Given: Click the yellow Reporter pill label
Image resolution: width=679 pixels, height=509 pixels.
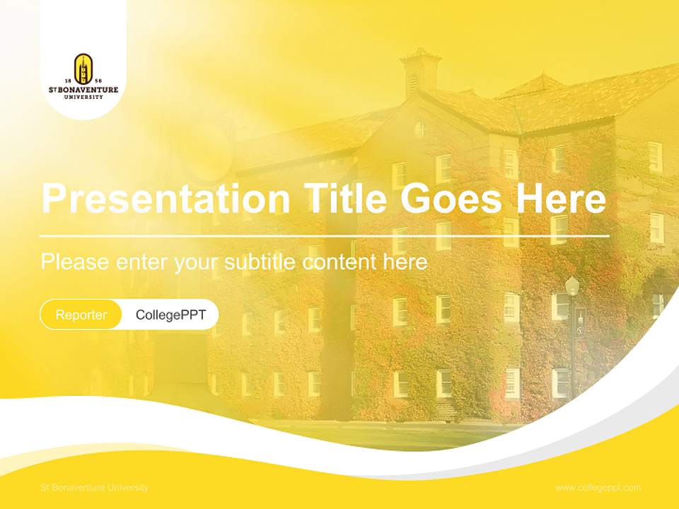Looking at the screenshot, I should tap(81, 315).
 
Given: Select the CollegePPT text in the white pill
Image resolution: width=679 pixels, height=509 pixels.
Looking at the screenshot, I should tap(170, 315).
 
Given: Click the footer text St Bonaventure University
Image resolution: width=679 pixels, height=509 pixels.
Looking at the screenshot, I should tap(95, 488).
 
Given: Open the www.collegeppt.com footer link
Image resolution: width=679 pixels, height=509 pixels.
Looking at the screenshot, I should tap(598, 488).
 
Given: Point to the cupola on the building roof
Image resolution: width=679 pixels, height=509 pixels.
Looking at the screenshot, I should tap(420, 71).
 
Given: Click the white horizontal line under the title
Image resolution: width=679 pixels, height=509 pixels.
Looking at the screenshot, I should tap(325, 235).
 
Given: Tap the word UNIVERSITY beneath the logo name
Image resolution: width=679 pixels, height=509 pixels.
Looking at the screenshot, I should tap(83, 97).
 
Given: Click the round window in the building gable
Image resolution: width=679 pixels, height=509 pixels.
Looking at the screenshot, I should tap(419, 129).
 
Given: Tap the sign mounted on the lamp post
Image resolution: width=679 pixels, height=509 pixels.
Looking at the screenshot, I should tap(580, 322).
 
